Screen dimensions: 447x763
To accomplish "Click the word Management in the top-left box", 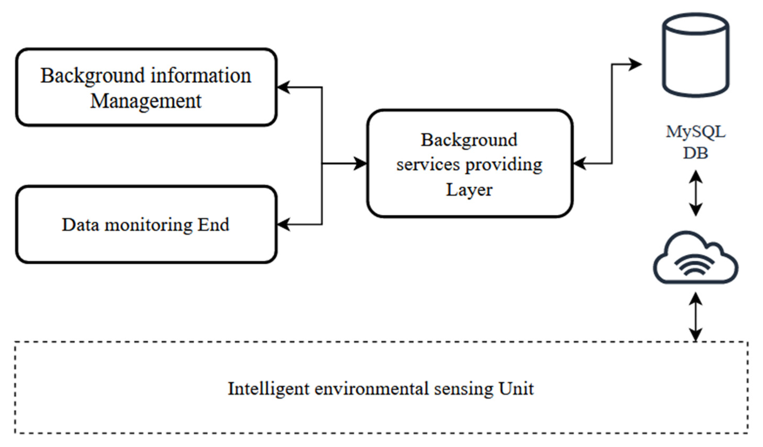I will (146, 101).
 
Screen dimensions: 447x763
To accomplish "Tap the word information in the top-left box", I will (201, 76).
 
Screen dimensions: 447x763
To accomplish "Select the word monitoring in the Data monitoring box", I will (148, 225).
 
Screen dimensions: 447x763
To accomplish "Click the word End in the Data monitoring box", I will (213, 225).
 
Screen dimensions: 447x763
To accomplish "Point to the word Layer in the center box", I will (469, 190).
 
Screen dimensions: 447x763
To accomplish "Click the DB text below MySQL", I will (696, 153).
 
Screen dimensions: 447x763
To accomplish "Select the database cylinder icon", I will (696, 55).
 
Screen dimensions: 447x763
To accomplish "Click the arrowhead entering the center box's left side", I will (360, 164).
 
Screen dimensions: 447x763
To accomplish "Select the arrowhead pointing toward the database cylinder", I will (635, 64).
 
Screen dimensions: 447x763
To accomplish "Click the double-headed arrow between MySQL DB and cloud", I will (696, 193).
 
